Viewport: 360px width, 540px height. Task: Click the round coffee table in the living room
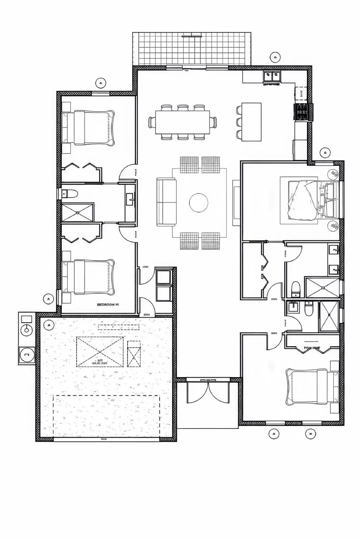coord(198,202)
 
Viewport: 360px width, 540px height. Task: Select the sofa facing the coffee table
coord(166,202)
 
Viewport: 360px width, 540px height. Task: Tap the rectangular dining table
coord(183,122)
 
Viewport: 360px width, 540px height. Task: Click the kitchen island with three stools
coord(251,122)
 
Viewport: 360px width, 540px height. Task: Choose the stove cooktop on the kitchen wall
coord(301,112)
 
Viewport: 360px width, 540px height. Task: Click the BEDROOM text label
coord(108,304)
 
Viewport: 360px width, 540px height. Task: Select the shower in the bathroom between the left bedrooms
coord(78,212)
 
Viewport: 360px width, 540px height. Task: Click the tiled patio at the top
coord(192,49)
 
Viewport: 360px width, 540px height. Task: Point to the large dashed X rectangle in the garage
coord(100,352)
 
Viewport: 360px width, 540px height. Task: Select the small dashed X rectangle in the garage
coord(134,354)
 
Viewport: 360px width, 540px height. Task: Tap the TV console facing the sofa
coord(236,202)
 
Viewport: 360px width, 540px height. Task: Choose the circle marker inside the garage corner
coord(49,325)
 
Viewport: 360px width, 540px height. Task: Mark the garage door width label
coord(104,439)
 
